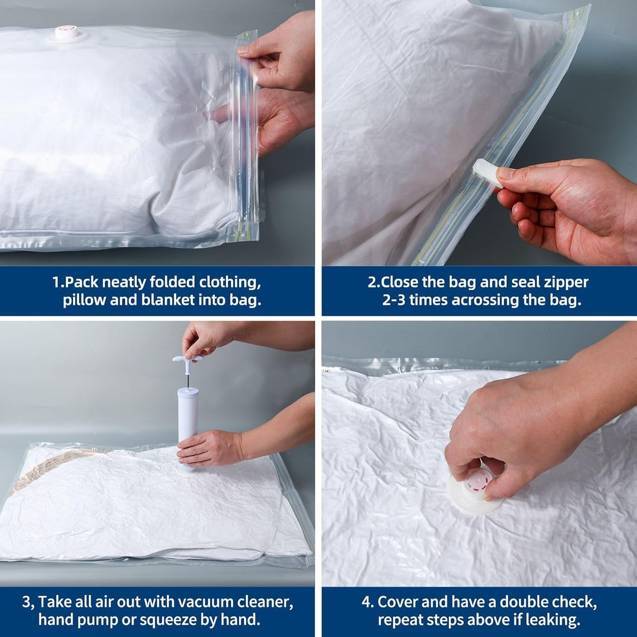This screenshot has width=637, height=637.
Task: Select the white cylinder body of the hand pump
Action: click(x=188, y=430)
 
